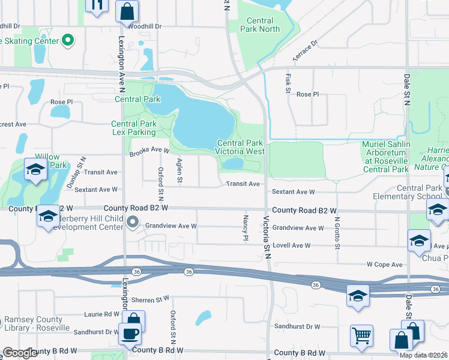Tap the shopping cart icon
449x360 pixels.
(x=361, y=335)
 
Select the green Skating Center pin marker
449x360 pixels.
(x=68, y=41)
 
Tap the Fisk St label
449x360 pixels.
(x=288, y=83)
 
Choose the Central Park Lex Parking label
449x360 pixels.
(x=134, y=128)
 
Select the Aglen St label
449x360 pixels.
(x=179, y=171)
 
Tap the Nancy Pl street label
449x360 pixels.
(x=246, y=227)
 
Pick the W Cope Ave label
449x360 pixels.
(x=385, y=264)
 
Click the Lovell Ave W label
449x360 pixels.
(x=291, y=245)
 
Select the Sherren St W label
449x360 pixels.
(x=152, y=298)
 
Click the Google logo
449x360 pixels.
(x=20, y=353)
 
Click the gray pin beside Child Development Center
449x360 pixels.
(x=133, y=223)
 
